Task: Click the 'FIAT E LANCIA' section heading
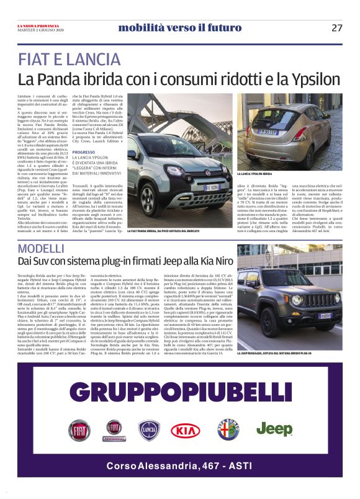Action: [70, 60]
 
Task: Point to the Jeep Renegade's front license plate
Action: [325, 316]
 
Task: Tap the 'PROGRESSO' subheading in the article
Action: [84, 152]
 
